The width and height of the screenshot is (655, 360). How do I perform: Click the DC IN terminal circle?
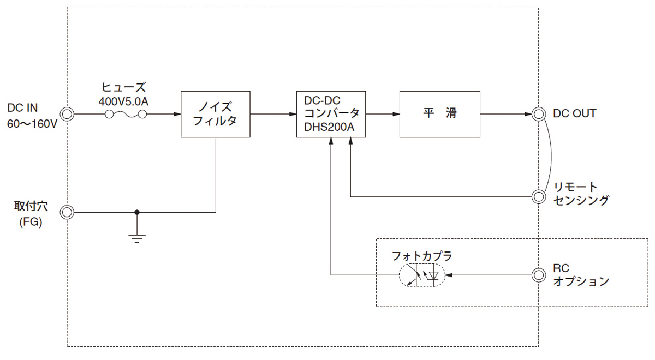point(67,114)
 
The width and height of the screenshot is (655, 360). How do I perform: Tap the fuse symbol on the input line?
point(126,114)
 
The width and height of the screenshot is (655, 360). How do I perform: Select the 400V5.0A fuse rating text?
point(124,101)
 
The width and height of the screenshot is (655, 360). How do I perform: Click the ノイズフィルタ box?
point(216,114)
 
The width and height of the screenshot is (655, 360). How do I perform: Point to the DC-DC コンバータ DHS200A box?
point(331,114)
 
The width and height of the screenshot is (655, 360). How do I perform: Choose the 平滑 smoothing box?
point(439,114)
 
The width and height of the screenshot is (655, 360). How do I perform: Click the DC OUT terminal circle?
point(539,114)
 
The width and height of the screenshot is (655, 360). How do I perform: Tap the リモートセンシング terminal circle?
point(539,196)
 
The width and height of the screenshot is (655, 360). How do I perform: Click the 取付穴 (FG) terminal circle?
point(67,212)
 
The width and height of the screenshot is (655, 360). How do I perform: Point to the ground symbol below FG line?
point(136,236)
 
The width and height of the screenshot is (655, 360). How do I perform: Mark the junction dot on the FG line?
point(136,212)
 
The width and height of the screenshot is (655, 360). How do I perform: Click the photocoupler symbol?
point(422,275)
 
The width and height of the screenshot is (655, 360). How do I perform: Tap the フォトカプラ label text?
point(422,256)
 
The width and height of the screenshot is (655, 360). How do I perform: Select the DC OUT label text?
point(574,114)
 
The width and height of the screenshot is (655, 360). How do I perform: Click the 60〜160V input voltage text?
point(32,124)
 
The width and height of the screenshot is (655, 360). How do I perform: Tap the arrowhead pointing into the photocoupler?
point(450,275)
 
